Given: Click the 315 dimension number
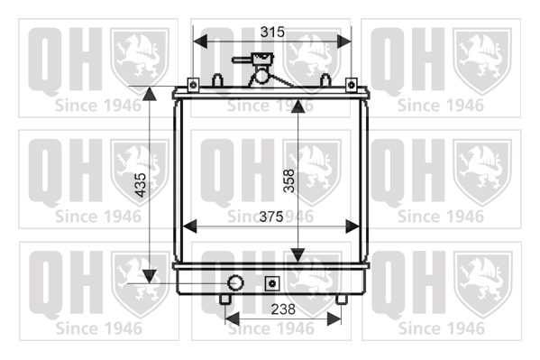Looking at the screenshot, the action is (272, 32).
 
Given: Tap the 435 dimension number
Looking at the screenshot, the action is (141, 185).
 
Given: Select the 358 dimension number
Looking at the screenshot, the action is (289, 180).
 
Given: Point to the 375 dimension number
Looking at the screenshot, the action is (271, 217).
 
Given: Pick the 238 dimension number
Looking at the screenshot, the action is (283, 309).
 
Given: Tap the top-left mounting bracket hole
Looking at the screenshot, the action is (193, 85).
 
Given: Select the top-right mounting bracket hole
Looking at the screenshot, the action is (351, 85).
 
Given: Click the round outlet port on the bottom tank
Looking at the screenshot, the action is (235, 282).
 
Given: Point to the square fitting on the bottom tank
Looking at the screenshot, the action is (272, 283).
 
